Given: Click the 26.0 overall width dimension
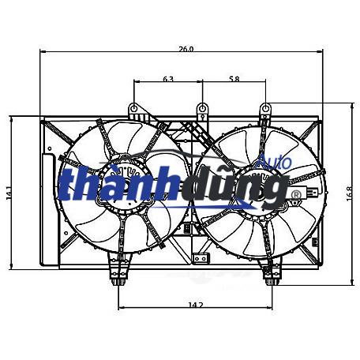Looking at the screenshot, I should [x=185, y=49].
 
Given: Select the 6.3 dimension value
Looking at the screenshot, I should [x=168, y=79].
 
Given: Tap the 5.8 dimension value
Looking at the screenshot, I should [x=234, y=79].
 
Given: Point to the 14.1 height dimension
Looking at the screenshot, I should [x=9, y=193].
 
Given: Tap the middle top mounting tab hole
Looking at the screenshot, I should [x=202, y=107].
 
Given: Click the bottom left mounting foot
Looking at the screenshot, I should [x=118, y=279].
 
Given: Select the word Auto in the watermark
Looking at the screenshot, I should [x=276, y=163].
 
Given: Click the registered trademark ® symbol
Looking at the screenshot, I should [x=296, y=194].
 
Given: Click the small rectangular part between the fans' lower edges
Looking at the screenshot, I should [x=187, y=230].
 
